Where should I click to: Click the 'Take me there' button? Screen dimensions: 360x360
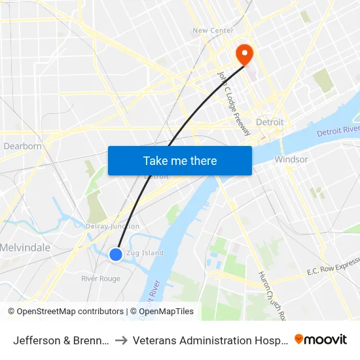click(x=180, y=160)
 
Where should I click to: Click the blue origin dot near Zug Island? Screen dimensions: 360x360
click(x=116, y=254)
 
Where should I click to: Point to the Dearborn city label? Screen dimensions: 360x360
click(x=23, y=146)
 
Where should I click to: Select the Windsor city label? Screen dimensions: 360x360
click(x=291, y=159)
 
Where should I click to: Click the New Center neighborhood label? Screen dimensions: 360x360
click(x=213, y=31)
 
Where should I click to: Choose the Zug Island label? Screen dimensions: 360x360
click(x=145, y=253)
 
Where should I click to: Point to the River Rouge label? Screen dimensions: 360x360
click(x=100, y=278)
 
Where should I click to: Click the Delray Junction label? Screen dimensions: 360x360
click(x=112, y=226)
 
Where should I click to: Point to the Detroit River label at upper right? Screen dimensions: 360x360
click(x=338, y=132)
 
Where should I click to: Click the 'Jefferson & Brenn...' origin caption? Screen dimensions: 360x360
click(x=60, y=340)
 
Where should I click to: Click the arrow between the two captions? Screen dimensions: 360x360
click(x=122, y=340)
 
